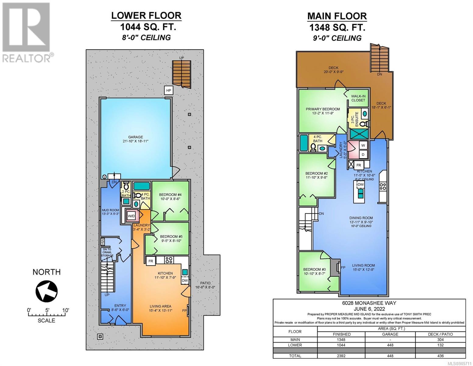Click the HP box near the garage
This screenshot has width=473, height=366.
pyautogui.click(x=168, y=90)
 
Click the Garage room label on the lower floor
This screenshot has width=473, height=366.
pyautogui.click(x=136, y=139)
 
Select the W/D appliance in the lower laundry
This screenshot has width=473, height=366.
pyautogui.click(x=131, y=216)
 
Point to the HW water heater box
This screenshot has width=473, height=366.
pyautogui.click(x=103, y=242)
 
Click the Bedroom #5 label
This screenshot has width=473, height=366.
pyautogui.click(x=171, y=239)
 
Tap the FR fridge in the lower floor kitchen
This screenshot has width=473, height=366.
pyautogui.click(x=151, y=261)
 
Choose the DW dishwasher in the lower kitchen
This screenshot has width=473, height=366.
pyautogui.click(x=185, y=280)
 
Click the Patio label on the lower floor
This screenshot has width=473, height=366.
pyautogui.click(x=205, y=285)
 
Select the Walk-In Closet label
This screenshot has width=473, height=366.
pyautogui.click(x=358, y=98)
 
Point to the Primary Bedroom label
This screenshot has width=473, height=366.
pyautogui.click(x=323, y=111)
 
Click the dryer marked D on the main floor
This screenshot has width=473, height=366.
pyautogui.click(x=363, y=155)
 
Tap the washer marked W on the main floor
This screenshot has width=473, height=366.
pyautogui.click(x=363, y=145)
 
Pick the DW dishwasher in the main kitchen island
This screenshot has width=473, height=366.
pyautogui.click(x=361, y=185)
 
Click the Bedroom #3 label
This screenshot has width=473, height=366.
pyautogui.click(x=315, y=271)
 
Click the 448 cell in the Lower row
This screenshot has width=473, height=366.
pyautogui.click(x=390, y=345)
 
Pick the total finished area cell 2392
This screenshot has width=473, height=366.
pyautogui.click(x=341, y=356)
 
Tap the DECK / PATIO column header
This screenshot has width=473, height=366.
pyautogui.click(x=440, y=334)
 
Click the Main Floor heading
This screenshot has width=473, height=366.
pyautogui.click(x=337, y=16)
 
